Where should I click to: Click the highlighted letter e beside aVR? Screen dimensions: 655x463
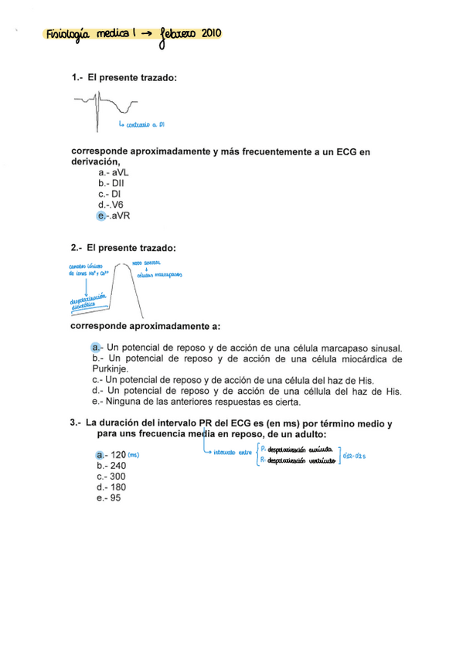point(101,216)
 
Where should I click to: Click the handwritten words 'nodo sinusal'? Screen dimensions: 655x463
point(147,263)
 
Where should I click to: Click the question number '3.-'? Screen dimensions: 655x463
point(75,423)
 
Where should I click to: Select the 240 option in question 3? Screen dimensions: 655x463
point(111,466)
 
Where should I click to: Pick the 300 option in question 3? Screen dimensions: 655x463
point(111,477)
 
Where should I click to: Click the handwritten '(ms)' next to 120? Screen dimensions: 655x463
point(133,455)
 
